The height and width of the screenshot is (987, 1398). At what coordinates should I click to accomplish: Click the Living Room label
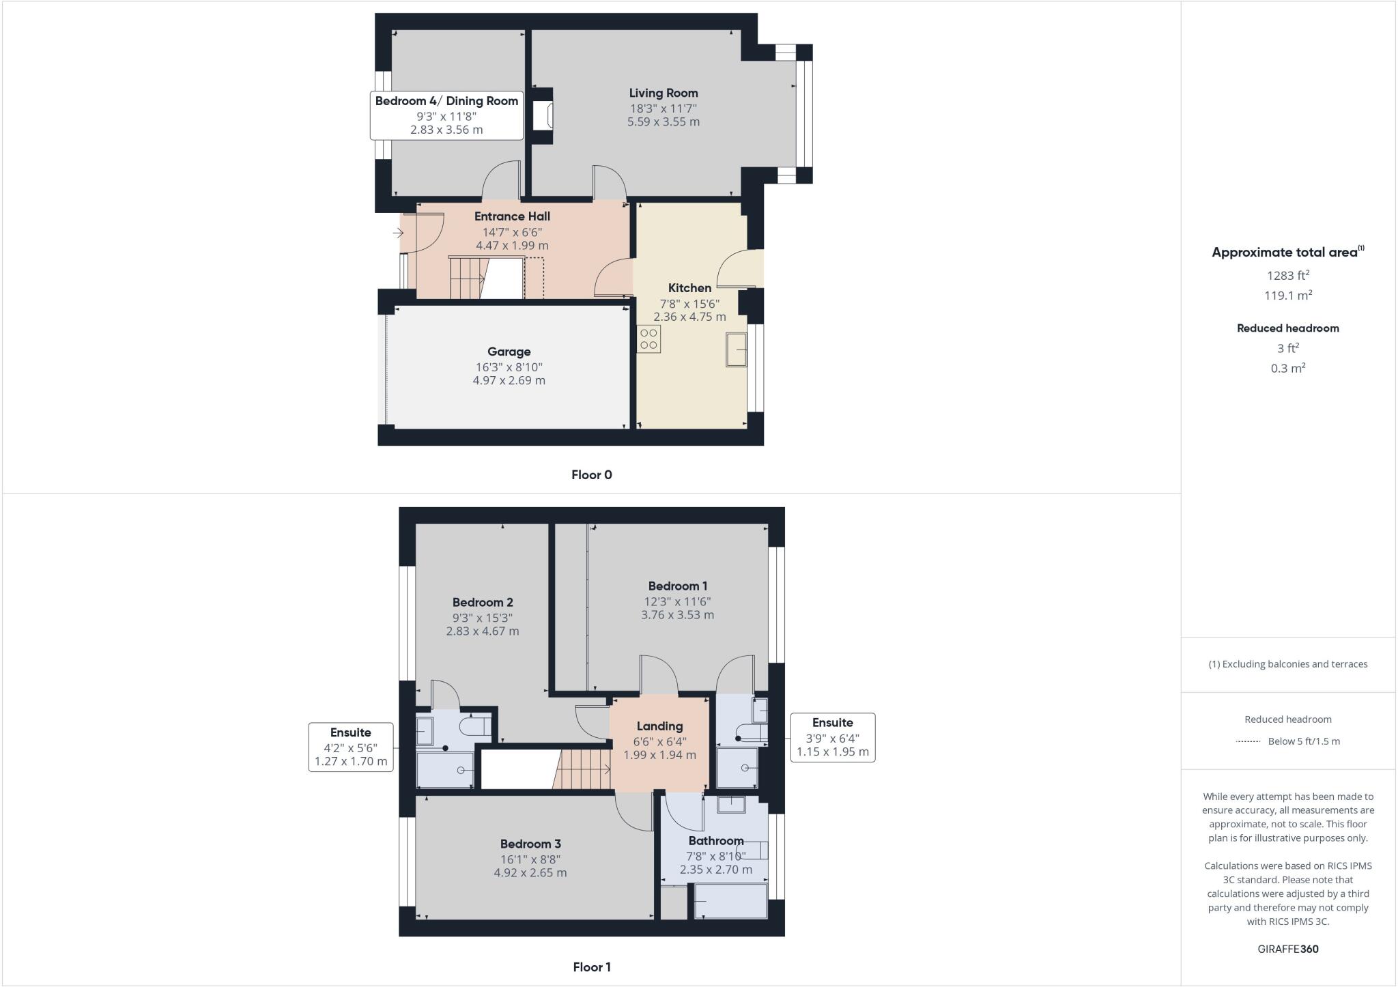[x=663, y=94]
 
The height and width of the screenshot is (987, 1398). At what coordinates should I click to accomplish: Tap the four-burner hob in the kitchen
[x=648, y=339]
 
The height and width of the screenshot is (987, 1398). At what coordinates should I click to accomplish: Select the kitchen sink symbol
[x=737, y=349]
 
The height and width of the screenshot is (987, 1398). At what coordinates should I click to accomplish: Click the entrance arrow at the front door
[x=398, y=233]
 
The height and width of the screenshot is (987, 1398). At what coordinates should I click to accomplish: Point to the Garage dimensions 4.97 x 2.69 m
[x=509, y=380]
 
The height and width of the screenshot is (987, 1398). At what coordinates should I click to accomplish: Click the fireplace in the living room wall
[x=544, y=116]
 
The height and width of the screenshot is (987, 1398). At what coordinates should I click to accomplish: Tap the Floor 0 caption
[x=591, y=475]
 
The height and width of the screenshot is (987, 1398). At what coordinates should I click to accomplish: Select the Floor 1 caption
[x=591, y=967]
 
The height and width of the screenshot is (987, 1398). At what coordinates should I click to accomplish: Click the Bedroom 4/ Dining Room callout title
[x=446, y=101]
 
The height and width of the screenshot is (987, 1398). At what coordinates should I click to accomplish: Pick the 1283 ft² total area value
[x=1287, y=276]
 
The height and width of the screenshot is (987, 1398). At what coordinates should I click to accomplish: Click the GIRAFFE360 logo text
[x=1287, y=949]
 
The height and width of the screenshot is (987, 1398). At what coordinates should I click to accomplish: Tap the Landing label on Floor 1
[x=659, y=726]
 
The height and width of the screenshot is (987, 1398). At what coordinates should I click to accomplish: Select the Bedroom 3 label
[x=530, y=844]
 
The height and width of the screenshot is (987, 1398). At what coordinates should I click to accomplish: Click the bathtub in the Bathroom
[x=731, y=902]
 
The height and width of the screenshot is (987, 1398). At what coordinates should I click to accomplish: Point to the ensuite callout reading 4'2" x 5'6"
[x=351, y=747]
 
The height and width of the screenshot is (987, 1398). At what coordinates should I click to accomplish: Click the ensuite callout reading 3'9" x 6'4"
[x=832, y=738]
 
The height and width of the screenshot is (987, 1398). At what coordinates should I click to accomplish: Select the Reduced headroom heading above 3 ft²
[x=1287, y=328]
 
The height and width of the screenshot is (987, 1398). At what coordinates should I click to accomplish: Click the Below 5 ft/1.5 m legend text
[x=1303, y=741]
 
